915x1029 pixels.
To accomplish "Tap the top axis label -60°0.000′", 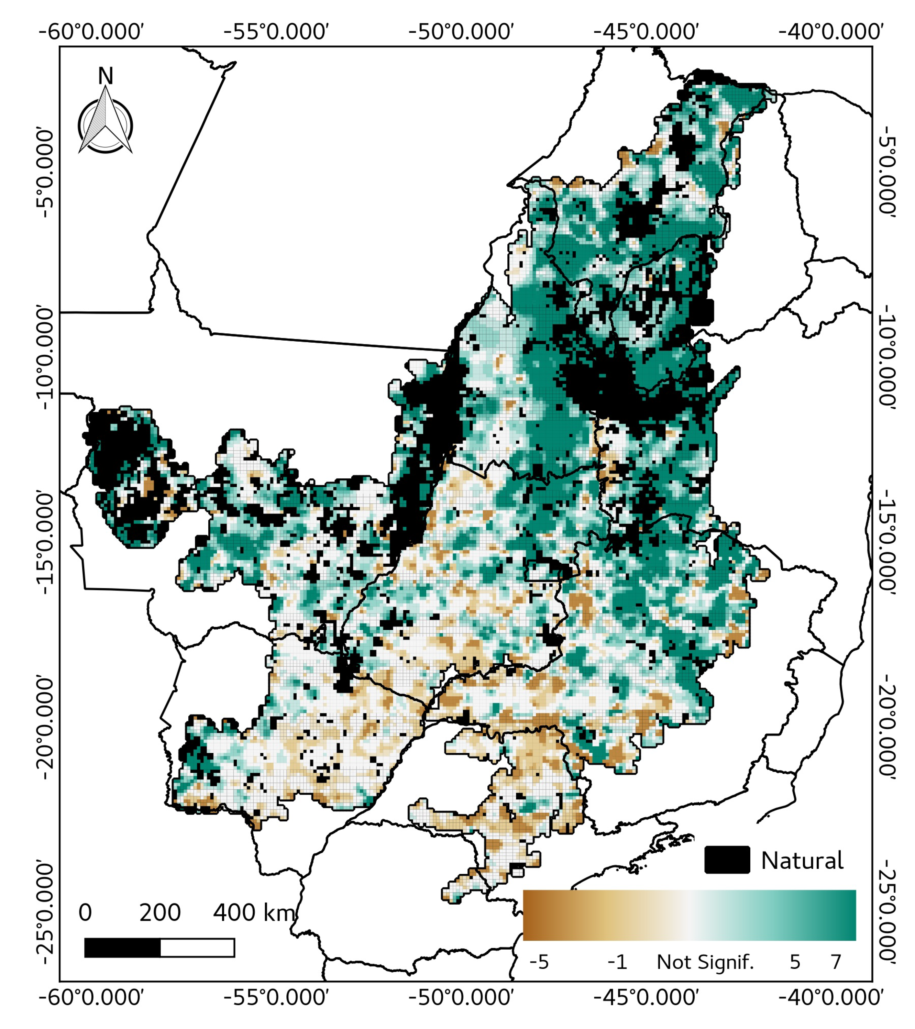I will pos(92,31).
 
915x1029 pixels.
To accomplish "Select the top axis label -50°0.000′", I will pos(461,31).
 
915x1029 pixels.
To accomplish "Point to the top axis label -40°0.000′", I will pos(831,31).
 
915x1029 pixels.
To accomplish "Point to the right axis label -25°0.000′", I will pos(887,915).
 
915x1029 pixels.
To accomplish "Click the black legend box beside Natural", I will pos(727,860).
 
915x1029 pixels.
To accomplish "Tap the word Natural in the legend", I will pos(802,861).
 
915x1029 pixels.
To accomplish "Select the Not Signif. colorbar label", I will pos(705,962).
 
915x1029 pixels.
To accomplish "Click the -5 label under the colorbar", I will pos(539,962).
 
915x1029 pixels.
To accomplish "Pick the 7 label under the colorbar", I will pos(836,962).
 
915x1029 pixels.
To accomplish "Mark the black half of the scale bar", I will pos(122,948).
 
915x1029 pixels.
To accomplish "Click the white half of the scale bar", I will pos(197,948).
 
